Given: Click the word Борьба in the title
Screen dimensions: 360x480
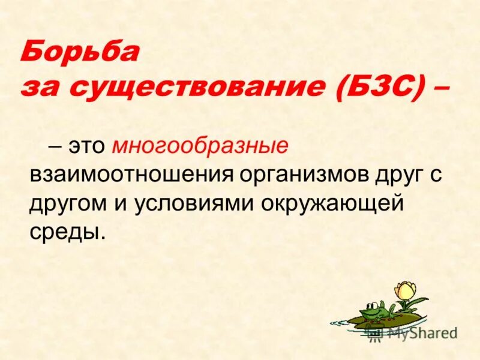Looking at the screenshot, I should pos(80,53).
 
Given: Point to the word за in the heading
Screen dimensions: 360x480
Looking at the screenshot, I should pos(42,88).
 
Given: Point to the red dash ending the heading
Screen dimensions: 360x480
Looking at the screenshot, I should pos(440,88).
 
